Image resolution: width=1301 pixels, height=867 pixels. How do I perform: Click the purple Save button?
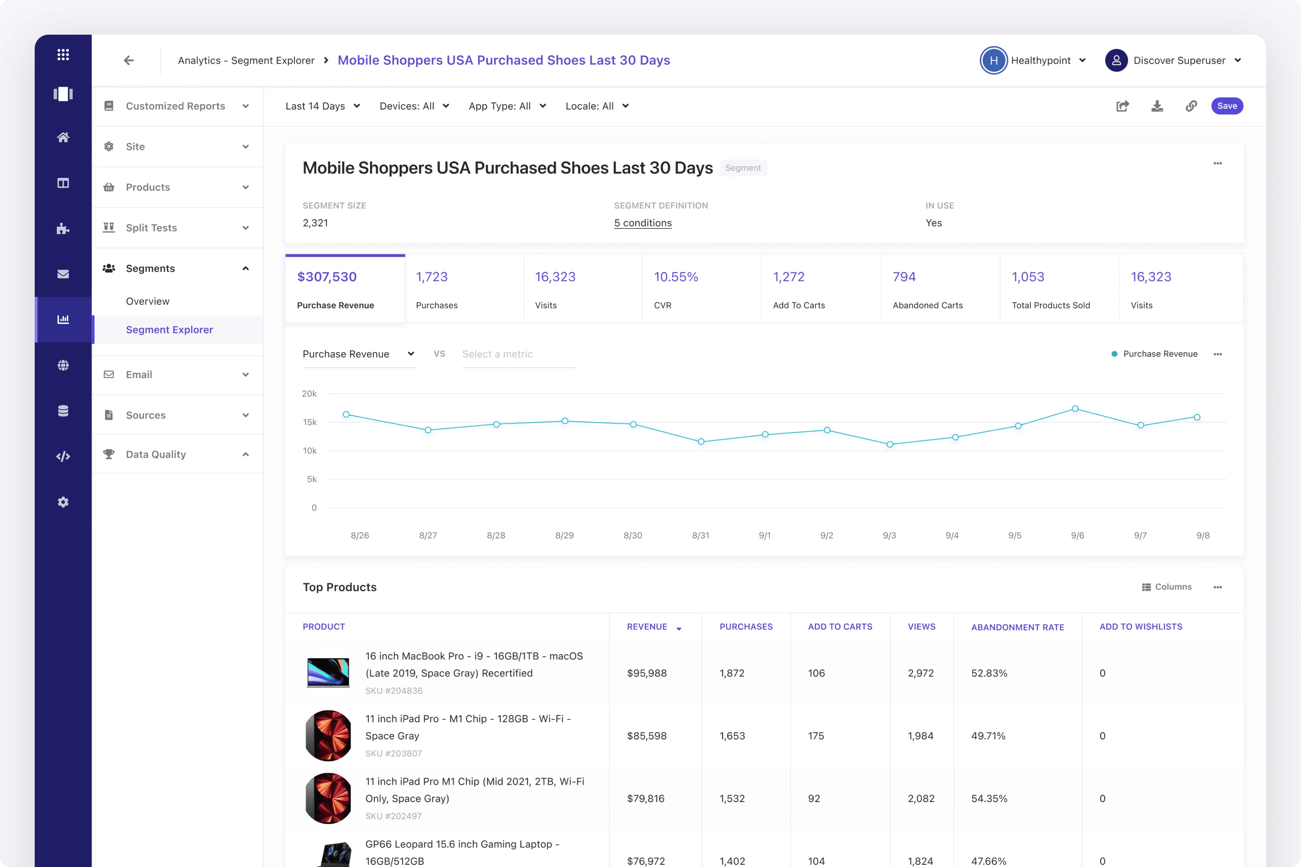(1227, 106)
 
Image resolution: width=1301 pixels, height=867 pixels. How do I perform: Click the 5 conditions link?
(643, 223)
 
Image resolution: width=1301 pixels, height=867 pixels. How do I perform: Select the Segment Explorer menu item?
(169, 329)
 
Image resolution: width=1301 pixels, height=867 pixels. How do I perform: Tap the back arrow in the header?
(129, 60)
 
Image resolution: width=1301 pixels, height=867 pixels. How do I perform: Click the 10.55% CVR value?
(676, 277)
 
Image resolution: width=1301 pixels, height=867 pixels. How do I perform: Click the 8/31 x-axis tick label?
(701, 535)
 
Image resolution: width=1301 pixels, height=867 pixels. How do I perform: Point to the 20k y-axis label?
(309, 394)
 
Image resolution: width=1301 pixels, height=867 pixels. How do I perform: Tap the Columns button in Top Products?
(1167, 587)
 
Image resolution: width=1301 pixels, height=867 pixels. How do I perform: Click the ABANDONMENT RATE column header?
(1017, 627)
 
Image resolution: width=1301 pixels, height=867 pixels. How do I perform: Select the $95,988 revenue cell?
(647, 673)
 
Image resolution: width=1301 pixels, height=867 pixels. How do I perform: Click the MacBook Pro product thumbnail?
(328, 672)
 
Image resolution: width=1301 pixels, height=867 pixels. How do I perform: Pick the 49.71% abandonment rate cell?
(988, 736)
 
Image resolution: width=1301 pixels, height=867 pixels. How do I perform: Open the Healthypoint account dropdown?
(1033, 60)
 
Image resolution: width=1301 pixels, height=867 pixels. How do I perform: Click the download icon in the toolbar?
(1157, 106)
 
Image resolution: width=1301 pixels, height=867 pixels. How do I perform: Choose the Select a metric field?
(518, 354)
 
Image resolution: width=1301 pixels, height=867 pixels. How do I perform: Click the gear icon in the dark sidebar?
(63, 502)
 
